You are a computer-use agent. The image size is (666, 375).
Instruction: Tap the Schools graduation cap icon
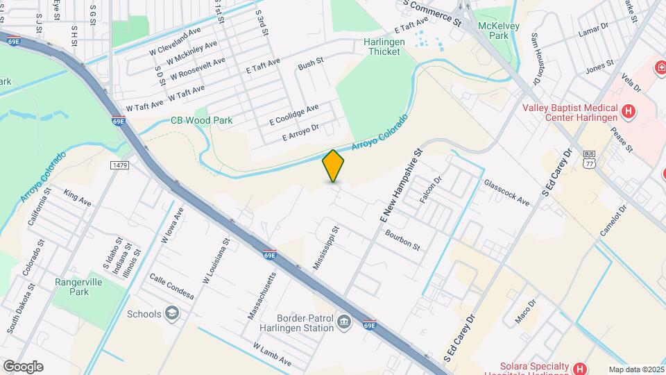point(171,314)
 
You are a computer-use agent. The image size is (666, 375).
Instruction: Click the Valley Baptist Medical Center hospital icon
point(629,110)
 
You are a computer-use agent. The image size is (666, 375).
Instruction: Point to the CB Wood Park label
point(202,120)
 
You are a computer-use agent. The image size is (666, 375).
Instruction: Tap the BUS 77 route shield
point(589,158)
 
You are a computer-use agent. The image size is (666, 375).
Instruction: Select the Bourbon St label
point(403,240)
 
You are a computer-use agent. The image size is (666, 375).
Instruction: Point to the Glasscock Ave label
point(506,192)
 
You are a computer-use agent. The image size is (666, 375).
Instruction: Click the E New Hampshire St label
point(401,185)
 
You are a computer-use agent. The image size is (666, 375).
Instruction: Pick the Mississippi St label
point(325,247)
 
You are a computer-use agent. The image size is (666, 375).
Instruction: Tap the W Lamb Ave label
point(272,355)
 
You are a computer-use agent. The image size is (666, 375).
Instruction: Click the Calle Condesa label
point(171,285)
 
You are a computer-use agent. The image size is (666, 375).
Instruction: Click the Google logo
point(23,367)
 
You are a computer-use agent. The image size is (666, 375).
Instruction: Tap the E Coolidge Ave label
point(294,115)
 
